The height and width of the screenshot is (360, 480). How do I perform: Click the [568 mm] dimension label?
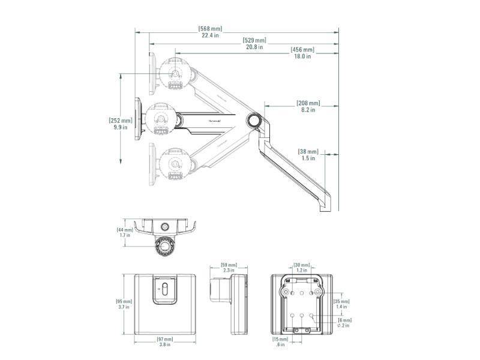pyautogui.click(x=210, y=28)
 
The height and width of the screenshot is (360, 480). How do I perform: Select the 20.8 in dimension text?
pyautogui.click(x=254, y=47)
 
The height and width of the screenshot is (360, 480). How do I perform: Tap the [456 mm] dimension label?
pyautogui.click(x=302, y=50)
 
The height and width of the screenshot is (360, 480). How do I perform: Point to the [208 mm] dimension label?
pyautogui.click(x=308, y=103)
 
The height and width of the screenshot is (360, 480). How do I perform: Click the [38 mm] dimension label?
pyautogui.click(x=308, y=152)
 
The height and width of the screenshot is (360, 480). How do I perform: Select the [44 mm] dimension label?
pyautogui.click(x=125, y=230)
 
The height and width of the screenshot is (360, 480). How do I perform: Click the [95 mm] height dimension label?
pyautogui.click(x=124, y=301)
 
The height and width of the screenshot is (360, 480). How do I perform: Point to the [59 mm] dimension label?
pyautogui.click(x=229, y=265)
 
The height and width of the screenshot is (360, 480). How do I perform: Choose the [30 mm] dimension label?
pyautogui.click(x=302, y=265)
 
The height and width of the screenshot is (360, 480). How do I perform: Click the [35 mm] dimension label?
pyautogui.click(x=341, y=301)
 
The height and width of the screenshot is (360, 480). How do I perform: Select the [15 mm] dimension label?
pyautogui.click(x=280, y=339)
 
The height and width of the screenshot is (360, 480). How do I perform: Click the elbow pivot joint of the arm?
pyautogui.click(x=254, y=119)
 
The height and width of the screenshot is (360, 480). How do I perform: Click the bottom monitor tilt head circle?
pyautogui.click(x=176, y=162)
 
